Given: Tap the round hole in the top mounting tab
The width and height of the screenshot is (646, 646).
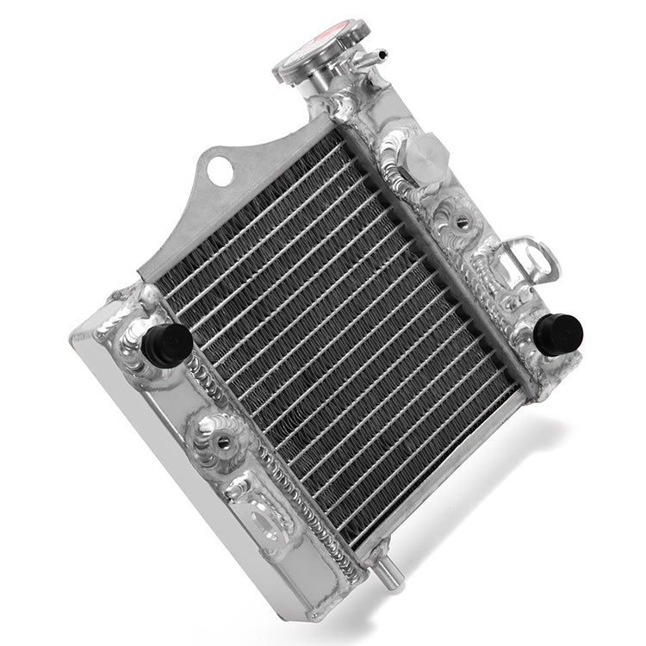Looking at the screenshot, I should point(225,169).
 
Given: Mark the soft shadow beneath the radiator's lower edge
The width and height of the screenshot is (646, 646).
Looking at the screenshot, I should point(482,517).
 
